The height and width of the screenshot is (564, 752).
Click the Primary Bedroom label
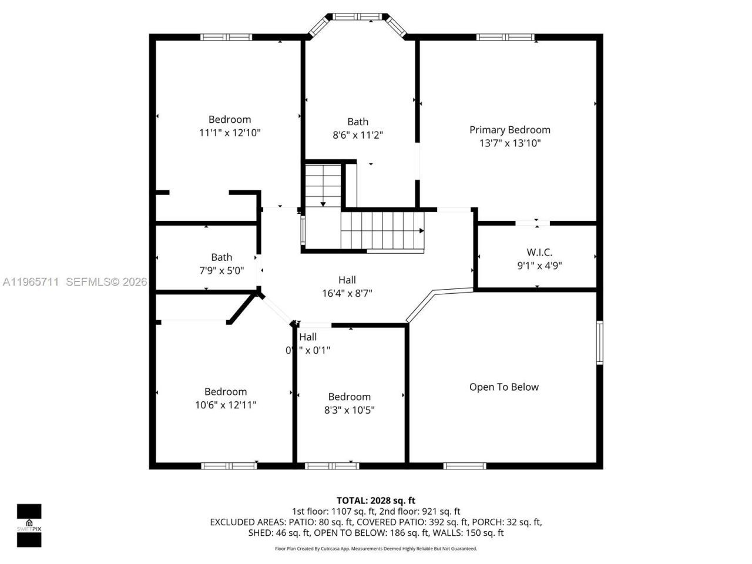click(509, 130)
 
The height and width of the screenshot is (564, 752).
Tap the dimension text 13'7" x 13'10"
click(509, 143)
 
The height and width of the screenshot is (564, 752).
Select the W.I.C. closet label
click(539, 252)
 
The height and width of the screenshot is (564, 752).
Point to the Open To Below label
click(503, 387)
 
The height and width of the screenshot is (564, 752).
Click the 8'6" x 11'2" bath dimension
click(358, 135)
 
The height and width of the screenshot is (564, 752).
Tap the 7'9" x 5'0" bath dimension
click(221, 270)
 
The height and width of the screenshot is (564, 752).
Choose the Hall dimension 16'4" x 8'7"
click(347, 293)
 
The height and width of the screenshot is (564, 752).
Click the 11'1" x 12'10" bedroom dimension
click(230, 133)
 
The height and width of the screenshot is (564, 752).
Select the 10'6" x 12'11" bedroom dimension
click(226, 405)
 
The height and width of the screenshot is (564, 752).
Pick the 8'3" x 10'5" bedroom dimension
click(350, 410)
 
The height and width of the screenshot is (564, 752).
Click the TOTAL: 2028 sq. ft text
click(376, 501)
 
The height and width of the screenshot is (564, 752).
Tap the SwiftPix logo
click(29, 525)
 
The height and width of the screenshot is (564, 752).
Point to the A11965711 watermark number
click(31, 282)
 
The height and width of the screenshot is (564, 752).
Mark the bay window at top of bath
click(358, 17)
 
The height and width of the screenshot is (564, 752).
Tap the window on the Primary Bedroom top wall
click(505, 37)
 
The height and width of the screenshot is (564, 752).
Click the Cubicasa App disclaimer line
click(376, 549)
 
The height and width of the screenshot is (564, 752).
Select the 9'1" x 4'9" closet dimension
click(539, 266)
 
